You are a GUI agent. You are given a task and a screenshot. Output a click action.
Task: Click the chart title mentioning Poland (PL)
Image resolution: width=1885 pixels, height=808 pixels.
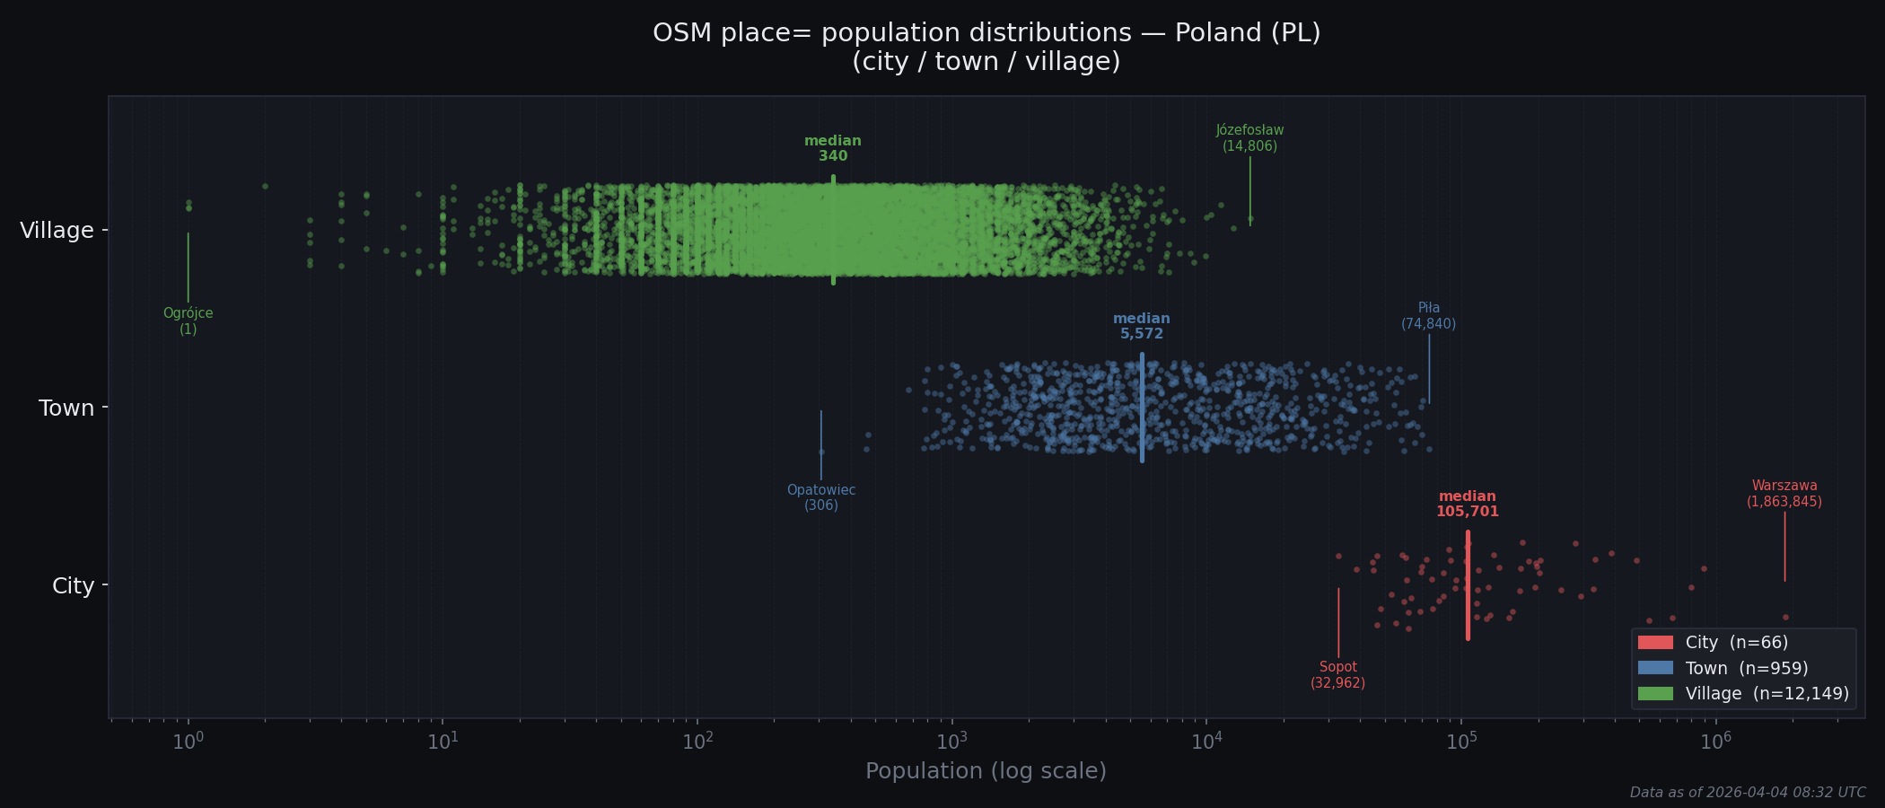pyautogui.click(x=986, y=47)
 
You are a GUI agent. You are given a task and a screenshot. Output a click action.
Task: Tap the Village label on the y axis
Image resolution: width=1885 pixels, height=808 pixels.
pyautogui.click(x=57, y=231)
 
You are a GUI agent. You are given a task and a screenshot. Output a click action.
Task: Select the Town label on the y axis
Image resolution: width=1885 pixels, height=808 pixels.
pyautogui.click(x=66, y=408)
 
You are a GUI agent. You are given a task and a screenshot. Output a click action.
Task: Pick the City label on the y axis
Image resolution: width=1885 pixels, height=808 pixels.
pyautogui.click(x=73, y=586)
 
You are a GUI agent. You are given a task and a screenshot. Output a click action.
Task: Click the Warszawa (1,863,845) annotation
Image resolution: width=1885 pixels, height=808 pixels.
pyautogui.click(x=1784, y=494)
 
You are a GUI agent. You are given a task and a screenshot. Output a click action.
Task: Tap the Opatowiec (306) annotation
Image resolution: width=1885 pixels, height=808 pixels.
pyautogui.click(x=820, y=497)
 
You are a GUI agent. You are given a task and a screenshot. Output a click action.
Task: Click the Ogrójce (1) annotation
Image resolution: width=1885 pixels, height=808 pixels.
pyautogui.click(x=188, y=321)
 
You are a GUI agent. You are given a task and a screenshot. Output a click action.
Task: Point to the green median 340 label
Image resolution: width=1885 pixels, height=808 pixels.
pyautogui.click(x=832, y=148)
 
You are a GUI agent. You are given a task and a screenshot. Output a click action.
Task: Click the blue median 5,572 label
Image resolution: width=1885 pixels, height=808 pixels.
pyautogui.click(x=1141, y=326)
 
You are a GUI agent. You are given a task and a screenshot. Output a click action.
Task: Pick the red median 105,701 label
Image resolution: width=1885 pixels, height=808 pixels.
pyautogui.click(x=1467, y=504)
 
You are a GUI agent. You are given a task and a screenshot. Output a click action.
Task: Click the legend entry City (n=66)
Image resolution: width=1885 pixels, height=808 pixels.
pyautogui.click(x=1736, y=643)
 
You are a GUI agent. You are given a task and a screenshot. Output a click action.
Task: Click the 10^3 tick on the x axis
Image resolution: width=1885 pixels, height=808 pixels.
pyautogui.click(x=951, y=742)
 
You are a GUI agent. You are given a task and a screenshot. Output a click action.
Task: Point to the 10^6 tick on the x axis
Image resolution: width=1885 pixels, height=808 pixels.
pyautogui.click(x=1715, y=742)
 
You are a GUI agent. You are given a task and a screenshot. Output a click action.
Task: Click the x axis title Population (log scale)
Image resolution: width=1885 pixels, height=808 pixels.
pyautogui.click(x=986, y=771)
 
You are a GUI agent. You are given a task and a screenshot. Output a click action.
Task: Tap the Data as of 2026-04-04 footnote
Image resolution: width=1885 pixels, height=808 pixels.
pyautogui.click(x=1747, y=793)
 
